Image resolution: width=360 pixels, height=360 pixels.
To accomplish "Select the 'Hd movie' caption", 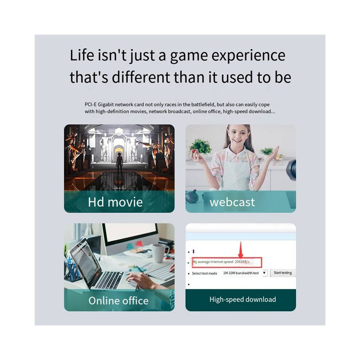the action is point(115,202).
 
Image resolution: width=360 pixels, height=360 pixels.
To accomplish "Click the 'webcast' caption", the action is point(232,202).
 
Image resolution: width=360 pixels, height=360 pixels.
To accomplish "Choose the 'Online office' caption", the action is point(119,301).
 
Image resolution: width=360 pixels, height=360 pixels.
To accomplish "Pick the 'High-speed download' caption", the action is point(243,299).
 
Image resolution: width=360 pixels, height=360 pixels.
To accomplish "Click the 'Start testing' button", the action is point(283,273).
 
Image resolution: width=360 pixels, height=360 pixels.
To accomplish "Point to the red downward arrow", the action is point(241,250).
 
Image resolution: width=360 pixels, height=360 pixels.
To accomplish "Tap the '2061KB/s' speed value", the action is point(242,262).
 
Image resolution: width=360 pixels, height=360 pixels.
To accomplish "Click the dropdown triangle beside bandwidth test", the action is point(264,273).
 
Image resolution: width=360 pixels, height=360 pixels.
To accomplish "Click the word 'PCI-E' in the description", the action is point(91,104).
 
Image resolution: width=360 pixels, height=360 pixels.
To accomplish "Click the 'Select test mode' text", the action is point(204,273).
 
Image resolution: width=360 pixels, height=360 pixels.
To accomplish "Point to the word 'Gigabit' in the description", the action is point(105,105).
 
